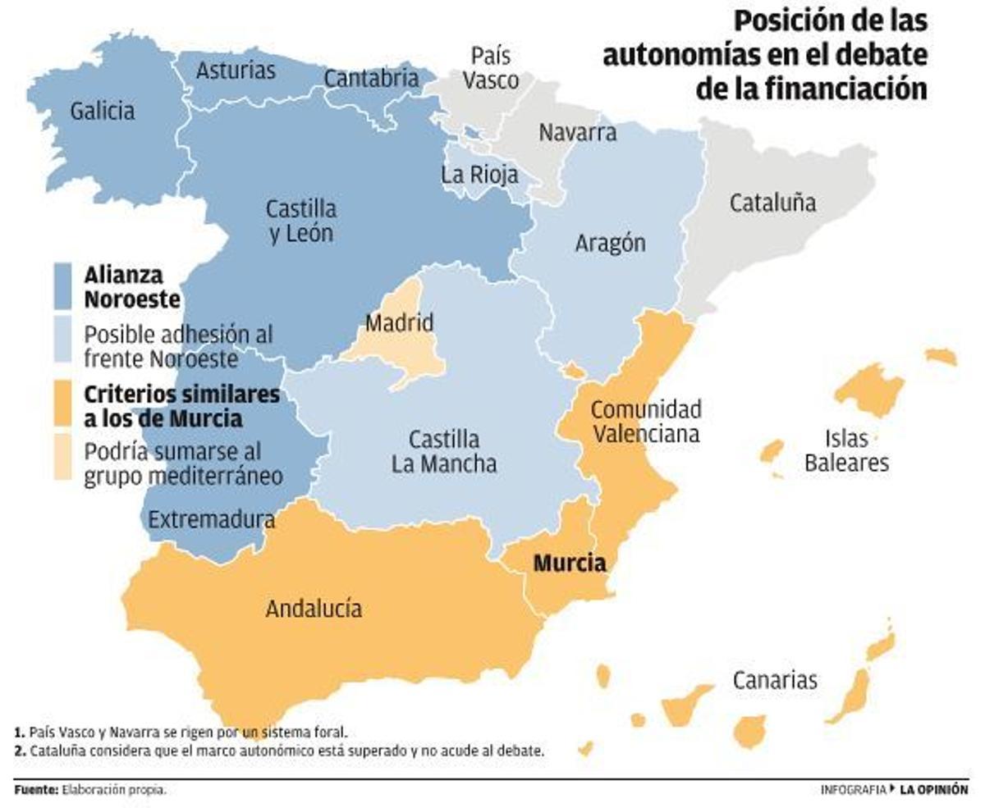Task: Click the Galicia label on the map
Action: coord(102,111)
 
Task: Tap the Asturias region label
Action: coord(236,71)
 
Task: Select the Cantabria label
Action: coord(371,79)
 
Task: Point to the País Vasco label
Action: coord(491,69)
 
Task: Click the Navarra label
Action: coord(577,132)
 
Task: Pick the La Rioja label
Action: coord(479,175)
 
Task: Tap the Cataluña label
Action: coord(772,203)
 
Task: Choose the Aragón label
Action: coord(610,243)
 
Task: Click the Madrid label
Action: coord(399,323)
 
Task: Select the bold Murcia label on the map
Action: coord(570,564)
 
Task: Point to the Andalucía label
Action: coord(314,609)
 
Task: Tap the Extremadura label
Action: coord(212,519)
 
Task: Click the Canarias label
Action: coord(775,680)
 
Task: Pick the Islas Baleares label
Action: coord(846,450)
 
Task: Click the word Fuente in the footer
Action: coord(35,790)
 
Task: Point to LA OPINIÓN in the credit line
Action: coord(933,790)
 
